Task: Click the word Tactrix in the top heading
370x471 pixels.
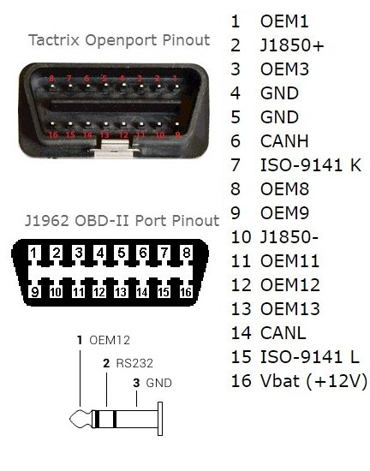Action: coord(54,40)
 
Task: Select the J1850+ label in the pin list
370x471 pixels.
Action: coord(292,45)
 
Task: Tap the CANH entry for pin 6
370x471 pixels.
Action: coord(284,141)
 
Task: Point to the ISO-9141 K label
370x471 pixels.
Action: coord(311,165)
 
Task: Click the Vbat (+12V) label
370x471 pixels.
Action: coord(313,381)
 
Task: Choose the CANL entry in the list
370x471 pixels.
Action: coord(283,333)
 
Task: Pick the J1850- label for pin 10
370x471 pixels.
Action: coord(289,237)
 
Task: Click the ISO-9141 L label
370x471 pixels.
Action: coord(310,357)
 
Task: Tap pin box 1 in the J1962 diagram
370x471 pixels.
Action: coord(34,253)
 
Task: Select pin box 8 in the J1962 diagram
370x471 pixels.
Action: coord(186,253)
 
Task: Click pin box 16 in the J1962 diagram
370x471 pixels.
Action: coord(186,291)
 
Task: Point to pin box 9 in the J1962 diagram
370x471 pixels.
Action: coord(35,291)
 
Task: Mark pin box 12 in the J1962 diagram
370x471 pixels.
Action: coord(99,291)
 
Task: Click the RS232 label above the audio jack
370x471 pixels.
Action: coord(134,363)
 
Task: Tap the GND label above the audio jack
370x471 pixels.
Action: coord(158,383)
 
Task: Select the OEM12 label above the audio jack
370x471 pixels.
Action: coord(110,340)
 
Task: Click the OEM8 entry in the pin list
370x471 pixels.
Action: coord(284,189)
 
